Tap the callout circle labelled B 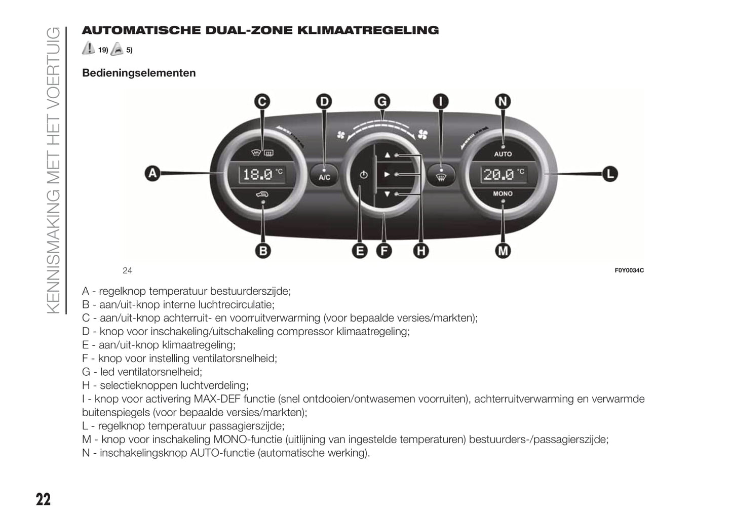point(262,250)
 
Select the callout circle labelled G point(382,101)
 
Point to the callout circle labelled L point(610,174)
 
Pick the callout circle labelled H point(421,250)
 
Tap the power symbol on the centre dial point(362,175)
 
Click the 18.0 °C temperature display point(262,175)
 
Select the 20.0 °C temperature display point(503,175)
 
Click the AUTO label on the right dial point(503,154)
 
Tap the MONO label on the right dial point(503,193)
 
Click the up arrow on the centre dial point(388,155)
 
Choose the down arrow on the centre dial point(388,193)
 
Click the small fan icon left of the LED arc point(341,134)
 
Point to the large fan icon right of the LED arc point(423,134)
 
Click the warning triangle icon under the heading point(89,49)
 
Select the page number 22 point(43,499)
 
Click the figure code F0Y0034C point(629,270)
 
